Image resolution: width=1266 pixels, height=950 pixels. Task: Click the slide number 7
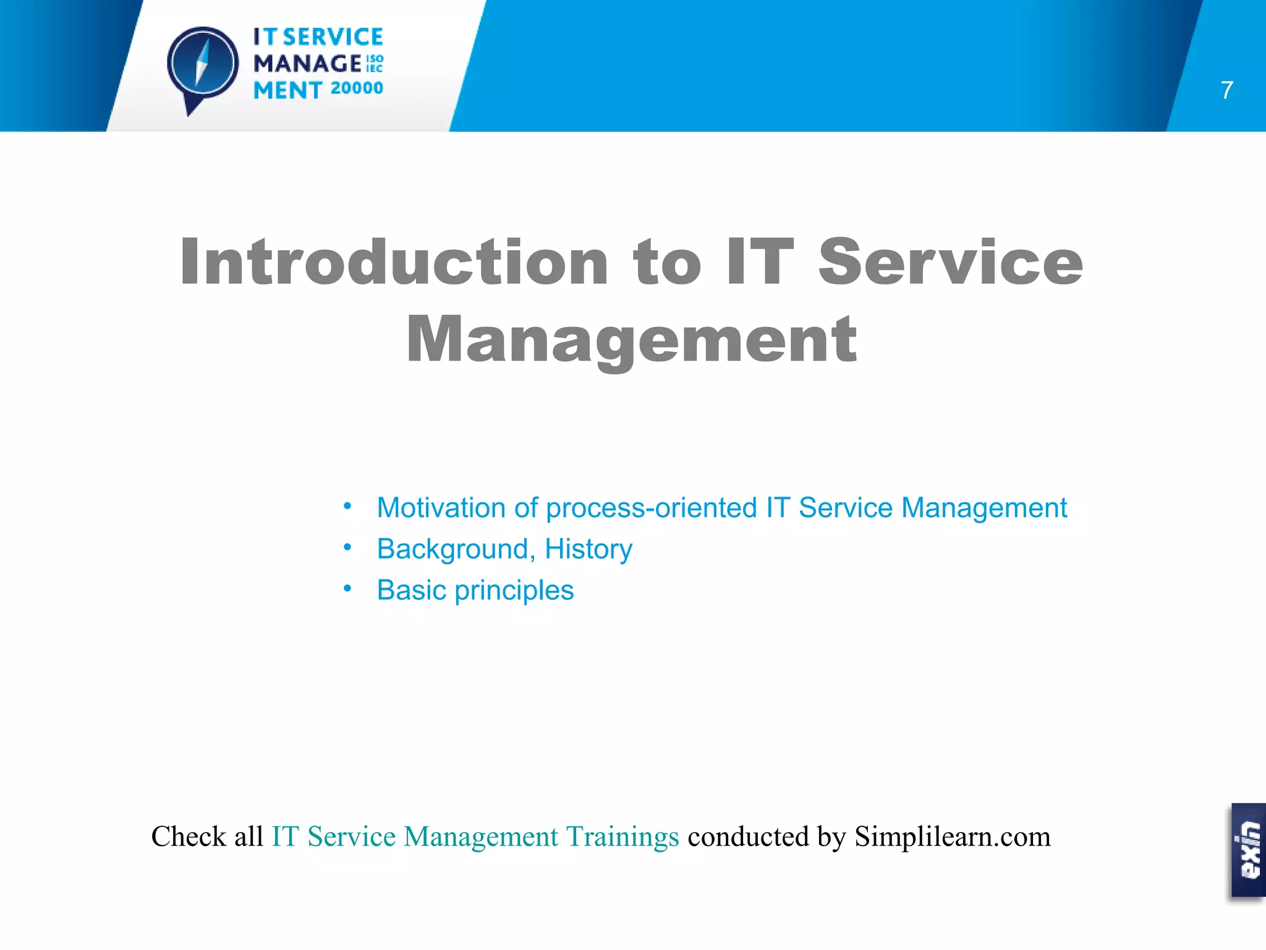click(1227, 90)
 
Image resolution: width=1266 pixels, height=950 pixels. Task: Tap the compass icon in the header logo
click(203, 64)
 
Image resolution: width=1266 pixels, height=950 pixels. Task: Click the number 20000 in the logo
click(357, 88)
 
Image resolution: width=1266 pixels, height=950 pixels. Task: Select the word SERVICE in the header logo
click(333, 37)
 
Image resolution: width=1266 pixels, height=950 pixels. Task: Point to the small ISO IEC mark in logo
click(375, 63)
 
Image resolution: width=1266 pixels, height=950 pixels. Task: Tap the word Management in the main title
click(631, 340)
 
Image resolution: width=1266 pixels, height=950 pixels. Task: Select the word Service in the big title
click(950, 263)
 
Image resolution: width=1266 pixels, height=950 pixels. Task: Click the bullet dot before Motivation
click(347, 507)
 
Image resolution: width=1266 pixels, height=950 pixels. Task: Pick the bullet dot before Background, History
click(347, 547)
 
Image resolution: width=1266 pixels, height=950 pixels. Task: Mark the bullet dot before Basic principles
click(347, 589)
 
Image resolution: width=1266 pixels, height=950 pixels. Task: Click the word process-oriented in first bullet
click(651, 508)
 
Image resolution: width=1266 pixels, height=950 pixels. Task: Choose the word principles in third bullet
click(514, 591)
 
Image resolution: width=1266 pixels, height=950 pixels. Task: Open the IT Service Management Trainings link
click(475, 837)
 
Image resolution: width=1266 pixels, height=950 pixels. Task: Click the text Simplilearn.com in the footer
click(952, 837)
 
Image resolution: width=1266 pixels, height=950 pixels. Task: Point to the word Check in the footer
click(189, 837)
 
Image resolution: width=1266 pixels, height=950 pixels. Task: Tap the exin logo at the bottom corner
click(1248, 850)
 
